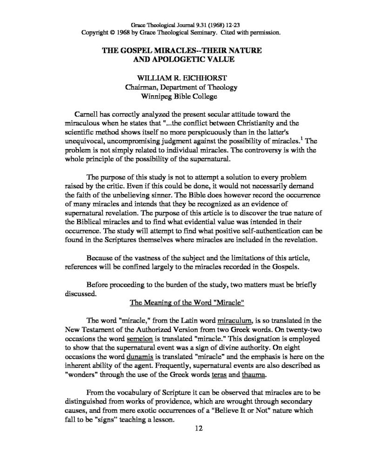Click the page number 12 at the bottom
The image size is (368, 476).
[196, 429]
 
